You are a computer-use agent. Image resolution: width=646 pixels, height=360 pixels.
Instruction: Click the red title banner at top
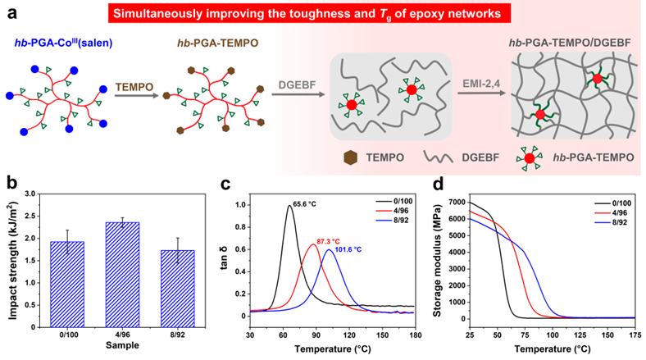(x=323, y=13)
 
